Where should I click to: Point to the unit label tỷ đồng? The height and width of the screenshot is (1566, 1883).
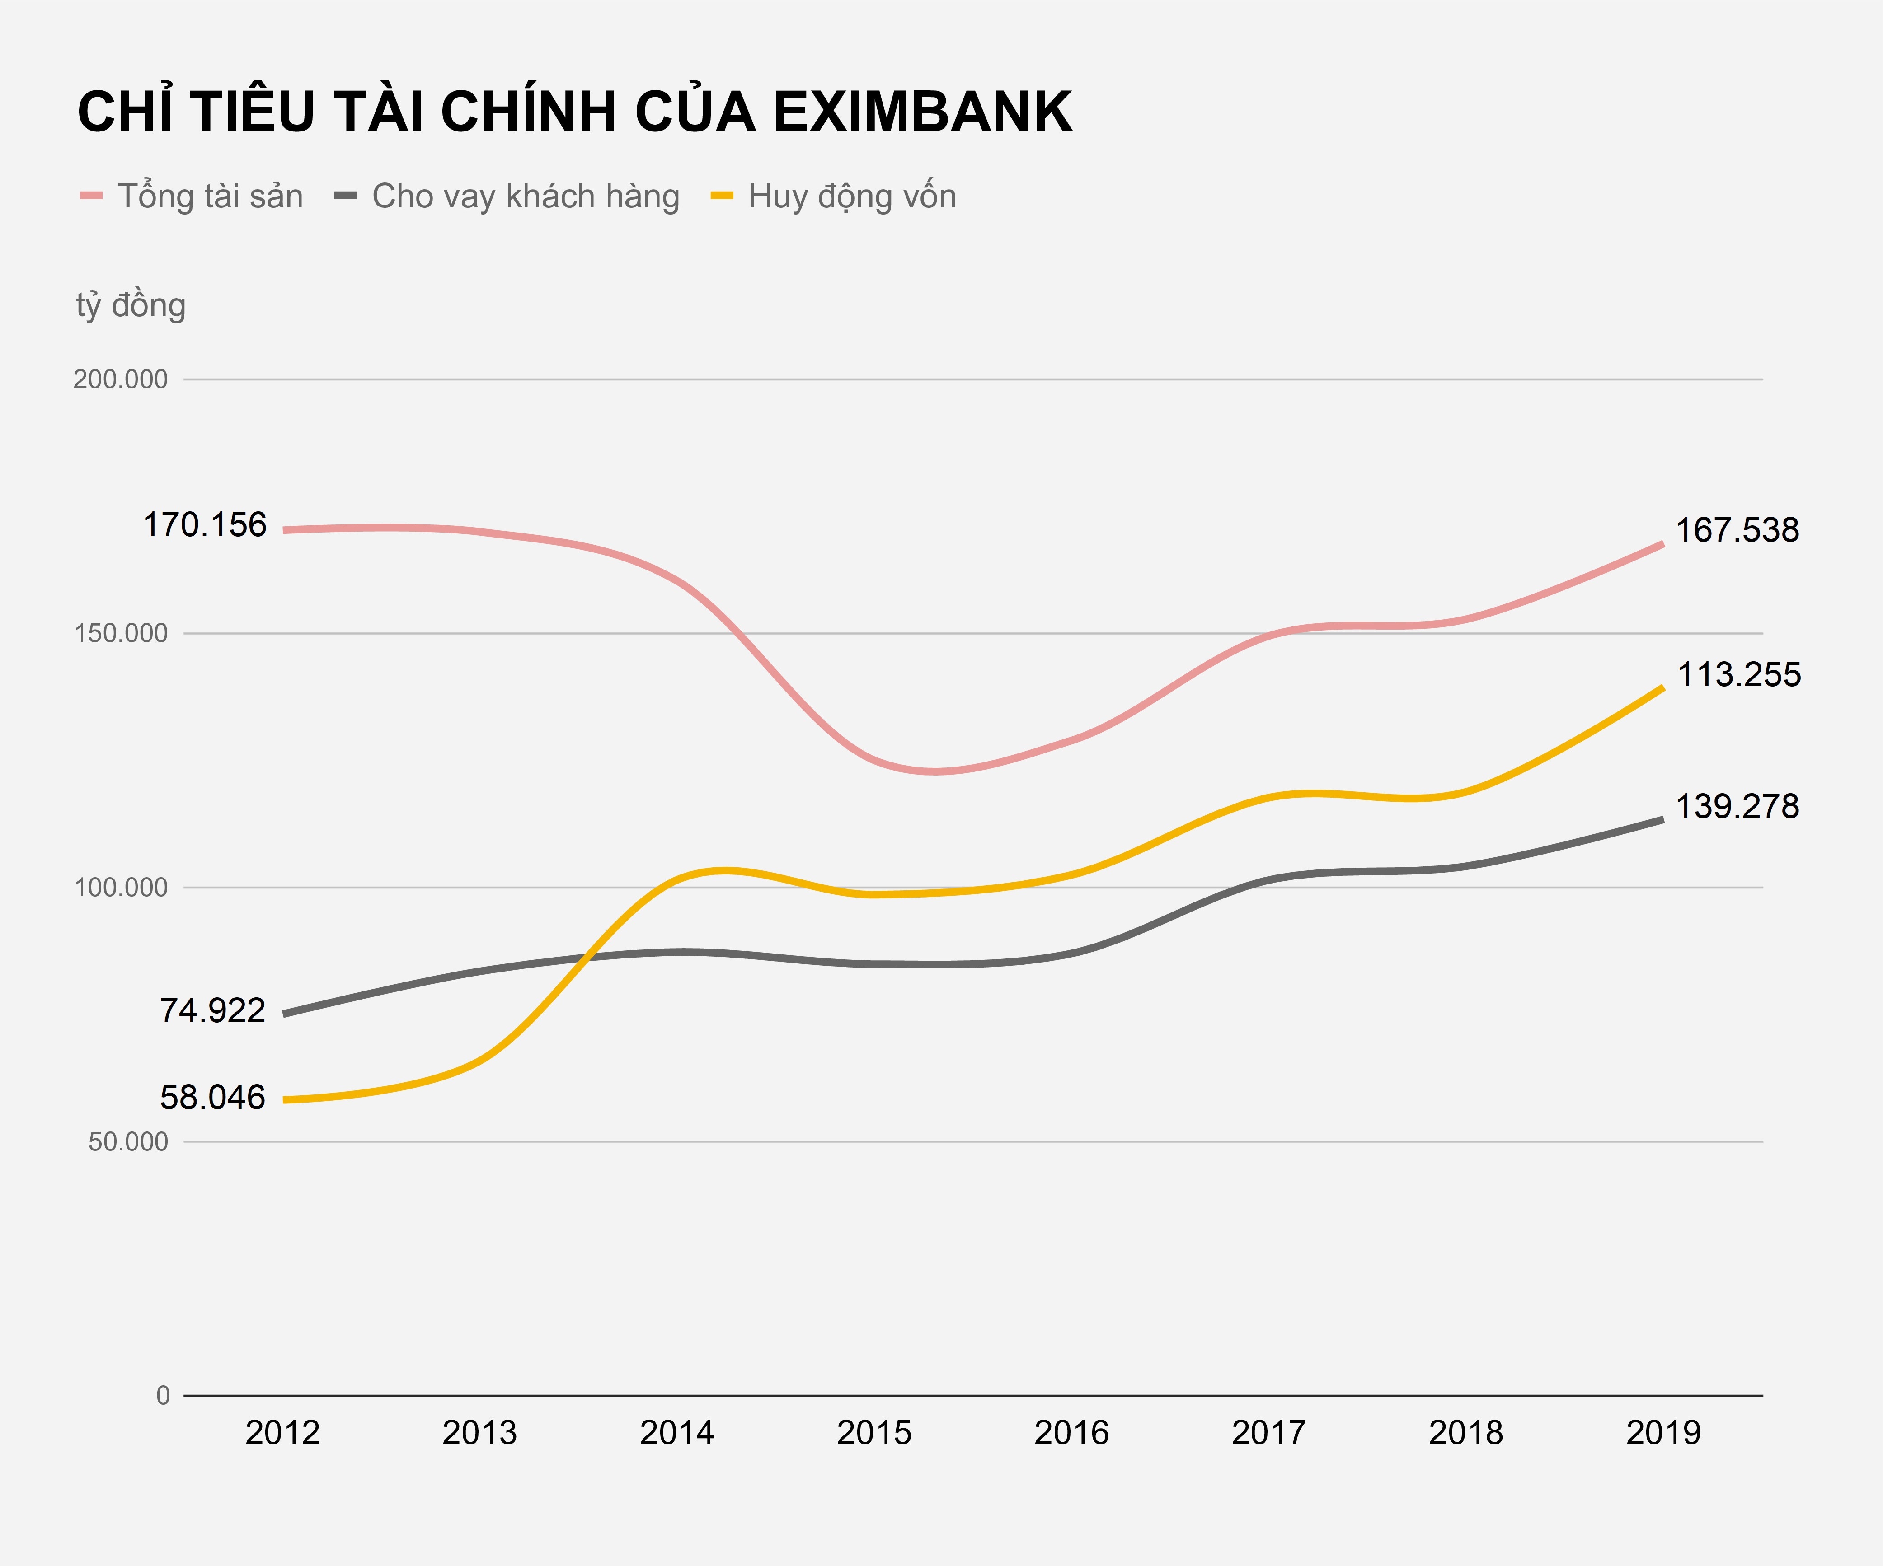(x=131, y=306)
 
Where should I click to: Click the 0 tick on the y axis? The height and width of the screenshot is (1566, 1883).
(x=162, y=1396)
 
